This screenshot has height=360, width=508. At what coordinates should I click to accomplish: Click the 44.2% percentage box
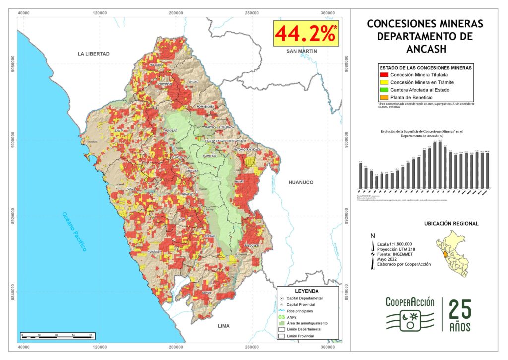pos(306,34)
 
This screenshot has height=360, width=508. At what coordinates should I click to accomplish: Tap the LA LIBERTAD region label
pos(93,54)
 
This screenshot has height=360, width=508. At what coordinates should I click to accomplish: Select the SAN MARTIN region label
pos(301,51)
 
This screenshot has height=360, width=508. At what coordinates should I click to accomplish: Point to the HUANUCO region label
pos(301,182)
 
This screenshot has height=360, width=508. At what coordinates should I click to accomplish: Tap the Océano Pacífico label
pos(74,231)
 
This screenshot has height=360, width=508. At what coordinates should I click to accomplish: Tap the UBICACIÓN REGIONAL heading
pos(451,224)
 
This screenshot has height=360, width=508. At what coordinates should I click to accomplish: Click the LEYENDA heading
pos(307,291)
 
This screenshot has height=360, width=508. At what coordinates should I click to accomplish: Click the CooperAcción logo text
pos(410,302)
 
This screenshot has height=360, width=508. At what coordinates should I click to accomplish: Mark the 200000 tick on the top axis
pos(176,13)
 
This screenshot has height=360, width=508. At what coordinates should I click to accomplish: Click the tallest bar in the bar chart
pos(440,165)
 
